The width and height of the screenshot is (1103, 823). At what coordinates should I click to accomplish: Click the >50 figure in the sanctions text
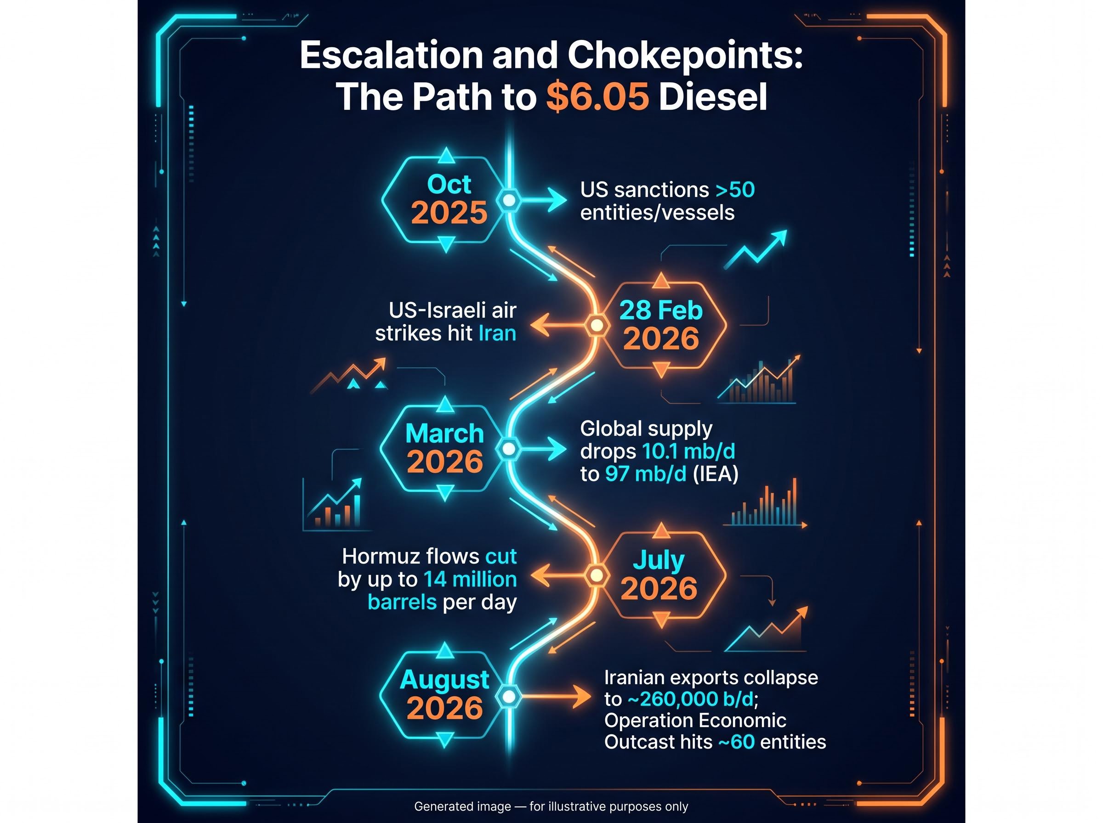[735, 190]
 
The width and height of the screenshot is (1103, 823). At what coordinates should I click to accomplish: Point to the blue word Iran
[497, 333]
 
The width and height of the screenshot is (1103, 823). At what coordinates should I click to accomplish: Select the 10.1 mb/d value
[688, 451]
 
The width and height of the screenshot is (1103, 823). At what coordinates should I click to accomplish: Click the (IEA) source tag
[715, 474]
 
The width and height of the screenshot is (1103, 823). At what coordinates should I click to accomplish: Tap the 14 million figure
[470, 580]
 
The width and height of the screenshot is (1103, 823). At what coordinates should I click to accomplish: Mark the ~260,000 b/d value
[691, 699]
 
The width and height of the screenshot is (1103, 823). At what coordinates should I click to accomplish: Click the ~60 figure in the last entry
[736, 742]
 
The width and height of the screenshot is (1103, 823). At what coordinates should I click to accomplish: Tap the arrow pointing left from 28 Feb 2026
[558, 326]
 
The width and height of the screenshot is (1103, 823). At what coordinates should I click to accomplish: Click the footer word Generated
[462, 806]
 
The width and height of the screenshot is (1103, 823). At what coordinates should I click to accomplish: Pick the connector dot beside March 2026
[508, 449]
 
